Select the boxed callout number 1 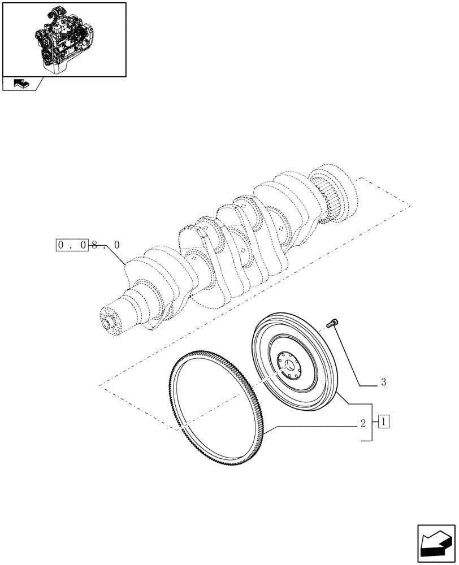[384, 421]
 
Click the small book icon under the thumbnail [20, 84]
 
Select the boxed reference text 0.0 [72, 246]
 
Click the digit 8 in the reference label [95, 246]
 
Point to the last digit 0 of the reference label [116, 246]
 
